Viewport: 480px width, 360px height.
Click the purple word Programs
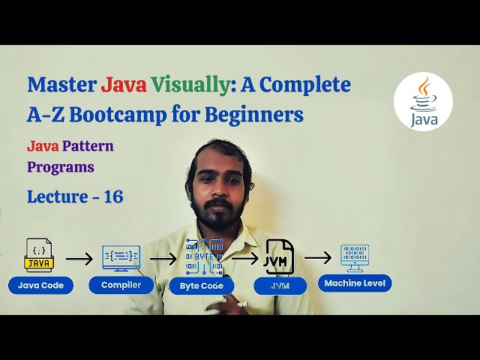61,166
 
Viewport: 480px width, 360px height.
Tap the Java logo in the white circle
423,103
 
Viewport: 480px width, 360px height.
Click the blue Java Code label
40,285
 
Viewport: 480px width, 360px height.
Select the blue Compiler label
121,285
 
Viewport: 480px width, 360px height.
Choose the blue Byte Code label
202,285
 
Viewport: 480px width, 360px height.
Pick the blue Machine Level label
355,283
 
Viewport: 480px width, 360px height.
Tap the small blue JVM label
280,286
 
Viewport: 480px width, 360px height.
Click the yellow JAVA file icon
39,256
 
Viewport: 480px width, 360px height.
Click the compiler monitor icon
121,257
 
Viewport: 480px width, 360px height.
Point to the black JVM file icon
279,257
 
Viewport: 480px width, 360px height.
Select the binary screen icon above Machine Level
355,256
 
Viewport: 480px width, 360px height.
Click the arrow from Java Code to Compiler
79,259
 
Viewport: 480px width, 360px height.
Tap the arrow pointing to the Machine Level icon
317,257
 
